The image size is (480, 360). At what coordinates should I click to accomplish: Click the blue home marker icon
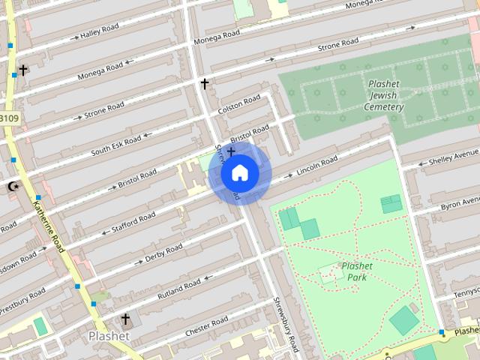[240, 173]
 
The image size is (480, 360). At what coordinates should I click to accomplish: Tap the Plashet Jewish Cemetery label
[384, 95]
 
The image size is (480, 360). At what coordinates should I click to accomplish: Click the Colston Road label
[238, 104]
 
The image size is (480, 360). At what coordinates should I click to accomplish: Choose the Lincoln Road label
[317, 166]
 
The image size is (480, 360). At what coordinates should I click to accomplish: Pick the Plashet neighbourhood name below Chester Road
[109, 337]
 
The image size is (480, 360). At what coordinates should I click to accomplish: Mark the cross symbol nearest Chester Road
[125, 319]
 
